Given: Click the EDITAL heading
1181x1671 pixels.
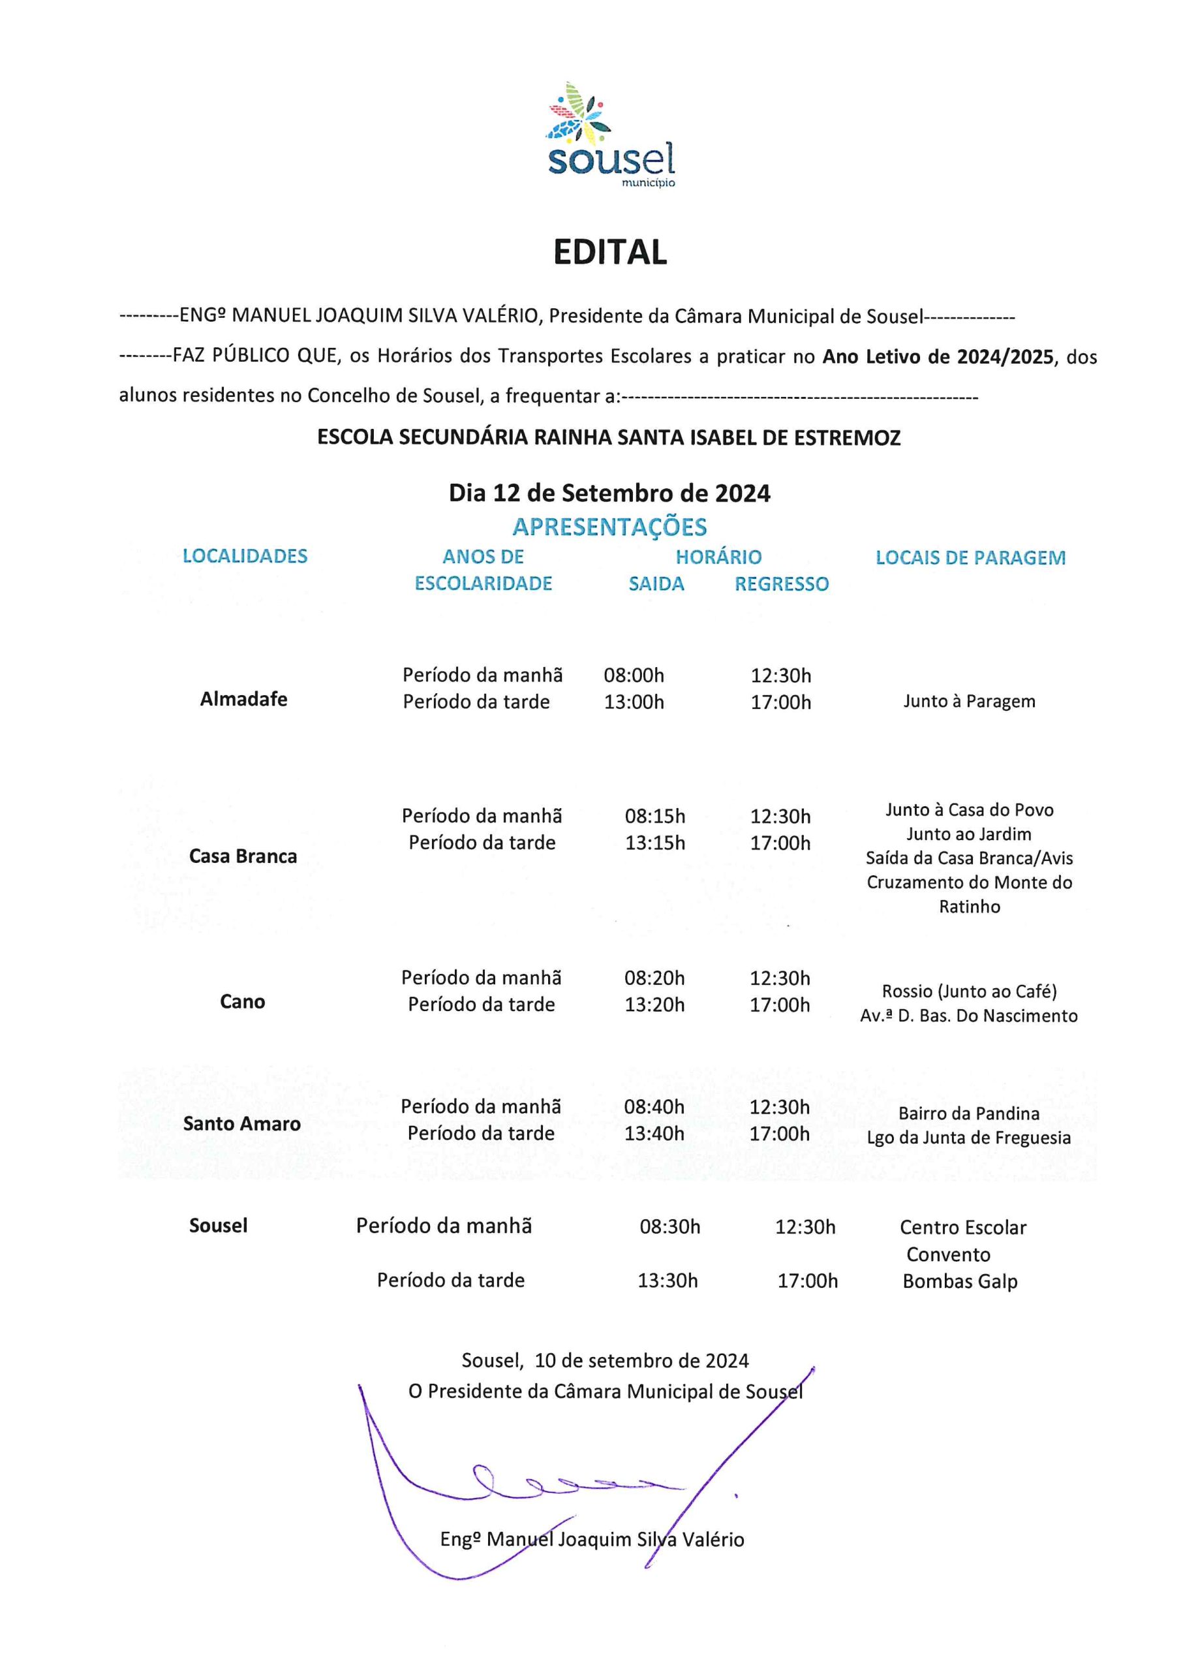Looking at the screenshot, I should point(610,252).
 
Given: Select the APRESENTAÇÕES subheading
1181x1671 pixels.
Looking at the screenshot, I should point(610,526).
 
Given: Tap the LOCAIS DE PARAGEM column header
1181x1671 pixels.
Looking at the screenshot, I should point(970,557).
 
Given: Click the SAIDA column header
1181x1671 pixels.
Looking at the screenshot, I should point(656,584).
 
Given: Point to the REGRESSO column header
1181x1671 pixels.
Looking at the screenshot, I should point(782,584).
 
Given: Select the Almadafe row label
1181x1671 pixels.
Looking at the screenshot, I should point(244,699).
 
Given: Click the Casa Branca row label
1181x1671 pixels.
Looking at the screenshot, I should point(243,856).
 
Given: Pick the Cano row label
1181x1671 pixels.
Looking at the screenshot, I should point(242,1001).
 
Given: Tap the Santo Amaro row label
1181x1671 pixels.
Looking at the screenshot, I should point(241,1124).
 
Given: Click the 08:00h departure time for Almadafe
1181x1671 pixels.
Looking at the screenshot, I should point(634,676).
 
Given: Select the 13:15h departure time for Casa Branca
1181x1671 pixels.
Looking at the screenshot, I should point(655,843).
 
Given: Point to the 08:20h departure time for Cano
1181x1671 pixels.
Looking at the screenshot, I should point(654,978).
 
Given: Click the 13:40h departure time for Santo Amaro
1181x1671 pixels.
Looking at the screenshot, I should point(654,1133).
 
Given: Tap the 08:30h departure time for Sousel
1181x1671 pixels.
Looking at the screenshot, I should point(669,1227).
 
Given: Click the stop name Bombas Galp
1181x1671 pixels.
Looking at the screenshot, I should point(960,1281).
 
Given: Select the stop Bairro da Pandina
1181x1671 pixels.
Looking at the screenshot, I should point(968,1114).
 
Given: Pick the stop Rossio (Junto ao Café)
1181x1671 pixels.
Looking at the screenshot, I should point(969,992).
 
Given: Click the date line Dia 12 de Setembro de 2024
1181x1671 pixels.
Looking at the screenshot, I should point(610,493).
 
